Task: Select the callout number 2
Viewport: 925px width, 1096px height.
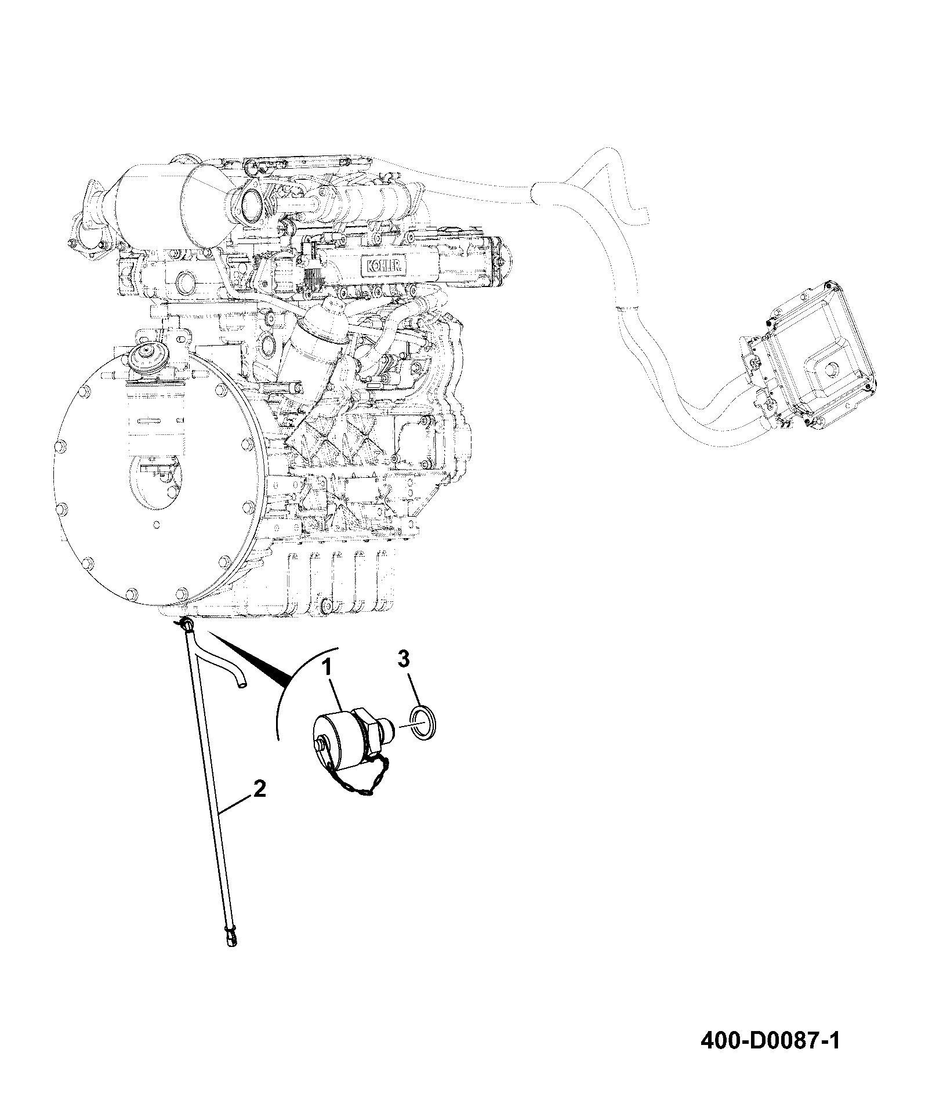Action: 259,790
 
